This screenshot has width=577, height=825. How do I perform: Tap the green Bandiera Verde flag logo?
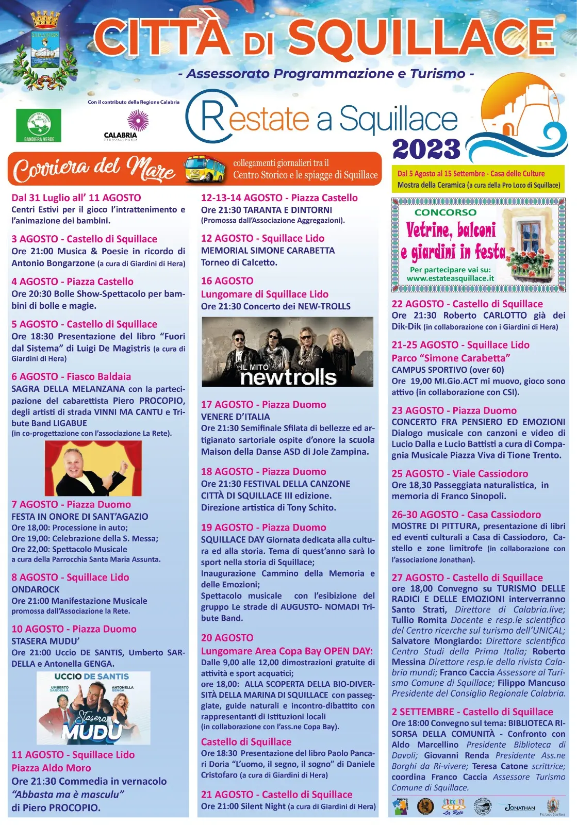coord(39,125)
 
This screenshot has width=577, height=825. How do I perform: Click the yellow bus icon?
coord(205,169)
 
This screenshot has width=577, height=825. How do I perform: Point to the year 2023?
coord(426,149)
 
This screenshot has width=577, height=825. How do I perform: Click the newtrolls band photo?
coord(287,352)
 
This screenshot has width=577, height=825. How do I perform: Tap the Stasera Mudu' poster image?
coord(93,707)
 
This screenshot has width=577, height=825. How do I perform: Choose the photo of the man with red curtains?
coord(93,468)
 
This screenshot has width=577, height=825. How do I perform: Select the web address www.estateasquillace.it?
coord(450,278)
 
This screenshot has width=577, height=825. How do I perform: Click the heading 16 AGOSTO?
coord(227,281)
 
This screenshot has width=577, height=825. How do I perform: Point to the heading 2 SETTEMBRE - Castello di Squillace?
coord(472,712)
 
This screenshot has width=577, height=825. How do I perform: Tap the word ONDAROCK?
coord(36,589)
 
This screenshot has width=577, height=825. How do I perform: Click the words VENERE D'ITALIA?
coord(235,417)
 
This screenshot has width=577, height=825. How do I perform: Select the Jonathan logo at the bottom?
coord(520,807)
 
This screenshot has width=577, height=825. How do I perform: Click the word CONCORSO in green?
coord(446,212)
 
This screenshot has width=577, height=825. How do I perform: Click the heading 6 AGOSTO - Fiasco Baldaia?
coord(71,376)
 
